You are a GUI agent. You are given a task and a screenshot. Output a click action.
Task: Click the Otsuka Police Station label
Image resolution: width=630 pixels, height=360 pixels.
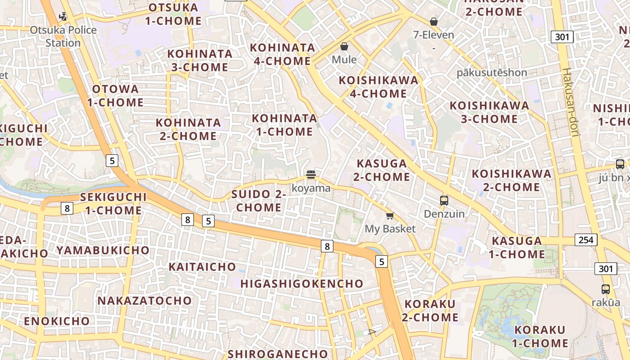coord(63,36)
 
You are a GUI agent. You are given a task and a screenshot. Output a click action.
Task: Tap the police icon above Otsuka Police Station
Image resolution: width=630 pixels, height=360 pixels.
coord(63,17)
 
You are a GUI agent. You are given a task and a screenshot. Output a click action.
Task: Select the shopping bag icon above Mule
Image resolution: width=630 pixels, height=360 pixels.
coord(344,46)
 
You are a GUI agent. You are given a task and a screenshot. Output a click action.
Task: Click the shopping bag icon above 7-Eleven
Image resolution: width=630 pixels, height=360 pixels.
coord(434,22)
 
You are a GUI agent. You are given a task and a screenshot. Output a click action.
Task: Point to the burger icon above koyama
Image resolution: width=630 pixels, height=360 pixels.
coord(310,174)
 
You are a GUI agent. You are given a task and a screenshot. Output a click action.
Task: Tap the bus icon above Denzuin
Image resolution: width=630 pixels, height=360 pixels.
coord(444,200)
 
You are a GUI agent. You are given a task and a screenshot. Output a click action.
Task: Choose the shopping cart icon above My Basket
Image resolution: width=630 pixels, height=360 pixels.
coord(390,216)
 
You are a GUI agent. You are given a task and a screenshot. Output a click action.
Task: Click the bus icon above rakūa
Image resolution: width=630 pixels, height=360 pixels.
coord(606,289)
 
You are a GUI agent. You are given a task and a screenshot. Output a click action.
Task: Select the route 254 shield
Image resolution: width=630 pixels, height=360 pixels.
coord(586,240)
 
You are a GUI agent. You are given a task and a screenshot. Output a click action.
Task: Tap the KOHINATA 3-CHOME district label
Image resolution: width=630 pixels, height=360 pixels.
coord(198,60)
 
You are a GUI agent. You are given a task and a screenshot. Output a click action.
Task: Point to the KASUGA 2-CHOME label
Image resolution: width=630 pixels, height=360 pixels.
coord(382,170)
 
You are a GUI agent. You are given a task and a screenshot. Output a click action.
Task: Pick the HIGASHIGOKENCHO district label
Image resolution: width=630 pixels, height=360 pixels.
coord(301,283)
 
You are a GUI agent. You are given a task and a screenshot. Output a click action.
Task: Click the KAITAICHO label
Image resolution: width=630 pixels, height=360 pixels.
coord(202,267)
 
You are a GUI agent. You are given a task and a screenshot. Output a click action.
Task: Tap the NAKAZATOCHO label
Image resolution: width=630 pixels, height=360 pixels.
coord(144,301)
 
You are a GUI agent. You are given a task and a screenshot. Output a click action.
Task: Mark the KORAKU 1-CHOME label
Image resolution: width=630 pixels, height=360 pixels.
coord(540,337)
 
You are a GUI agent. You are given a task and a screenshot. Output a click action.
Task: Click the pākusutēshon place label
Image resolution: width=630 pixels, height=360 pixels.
coord(492,72)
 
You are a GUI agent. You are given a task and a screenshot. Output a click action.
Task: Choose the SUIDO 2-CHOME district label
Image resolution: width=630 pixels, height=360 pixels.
coord(259,201)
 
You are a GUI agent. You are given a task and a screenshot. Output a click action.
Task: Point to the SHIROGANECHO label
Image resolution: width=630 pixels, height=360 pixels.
coord(278,354)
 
